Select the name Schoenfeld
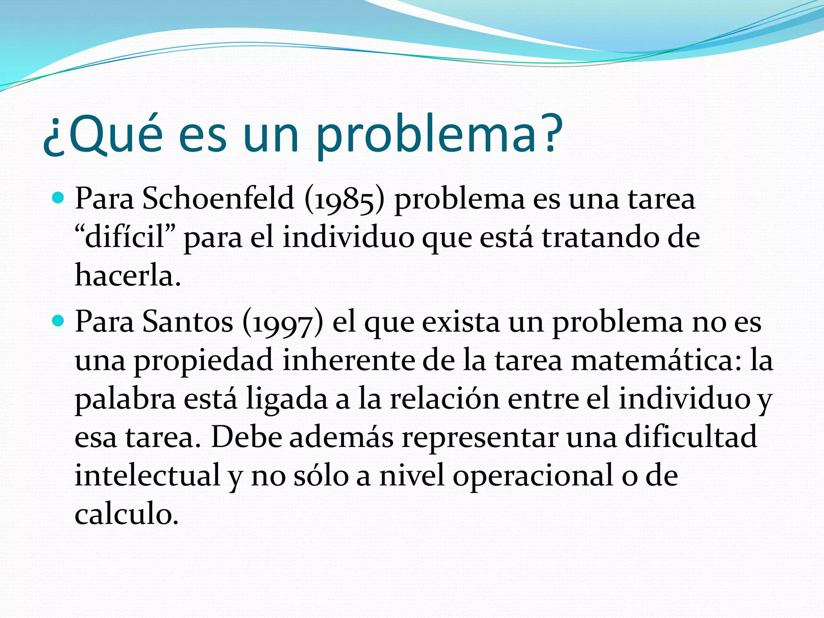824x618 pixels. pyautogui.click(x=218, y=199)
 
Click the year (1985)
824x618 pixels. pyautogui.click(x=344, y=200)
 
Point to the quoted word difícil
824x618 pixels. pyautogui.click(x=125, y=237)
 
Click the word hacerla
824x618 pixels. pyautogui.click(x=128, y=276)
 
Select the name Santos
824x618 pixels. pyautogui.click(x=187, y=322)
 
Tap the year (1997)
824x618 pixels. pyautogui.click(x=283, y=323)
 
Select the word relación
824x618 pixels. pyautogui.click(x=444, y=398)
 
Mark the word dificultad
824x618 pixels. pyautogui.click(x=691, y=437)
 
